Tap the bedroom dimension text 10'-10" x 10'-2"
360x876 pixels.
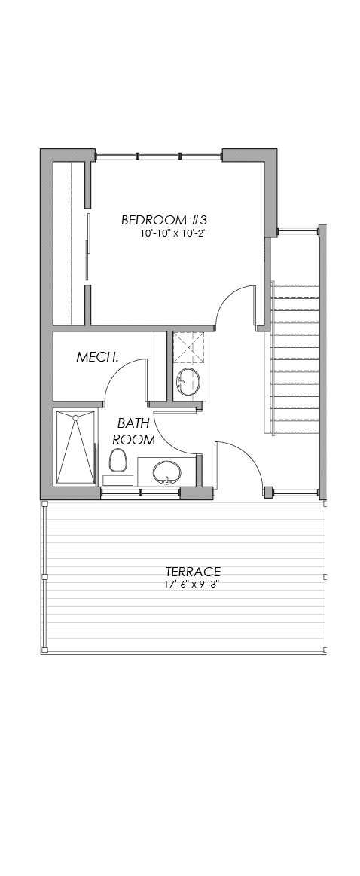(x=175, y=233)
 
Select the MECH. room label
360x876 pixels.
(x=97, y=357)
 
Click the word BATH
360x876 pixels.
(x=133, y=423)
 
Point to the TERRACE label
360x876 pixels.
(x=193, y=572)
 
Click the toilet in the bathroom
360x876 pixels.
(x=117, y=460)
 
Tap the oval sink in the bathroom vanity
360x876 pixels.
(x=166, y=472)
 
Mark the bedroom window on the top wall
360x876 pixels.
(x=159, y=156)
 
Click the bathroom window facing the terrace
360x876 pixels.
(x=140, y=492)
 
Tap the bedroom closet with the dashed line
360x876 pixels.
(x=69, y=243)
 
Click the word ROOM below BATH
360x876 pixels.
(x=133, y=440)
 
